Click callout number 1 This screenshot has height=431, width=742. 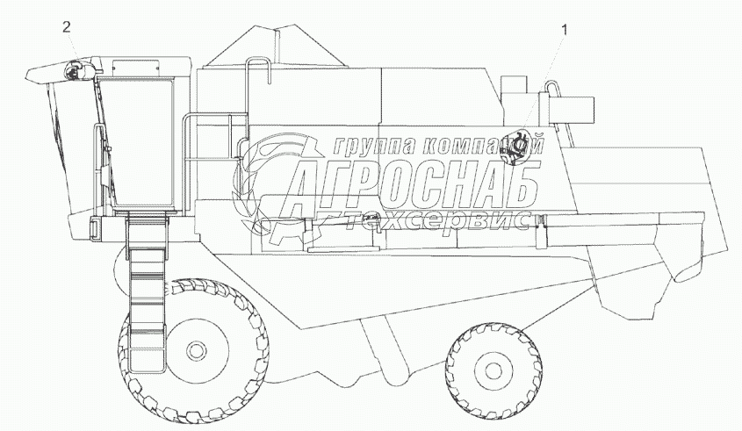(564, 30)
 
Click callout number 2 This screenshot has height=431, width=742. (67, 27)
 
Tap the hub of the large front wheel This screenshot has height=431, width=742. (194, 350)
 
